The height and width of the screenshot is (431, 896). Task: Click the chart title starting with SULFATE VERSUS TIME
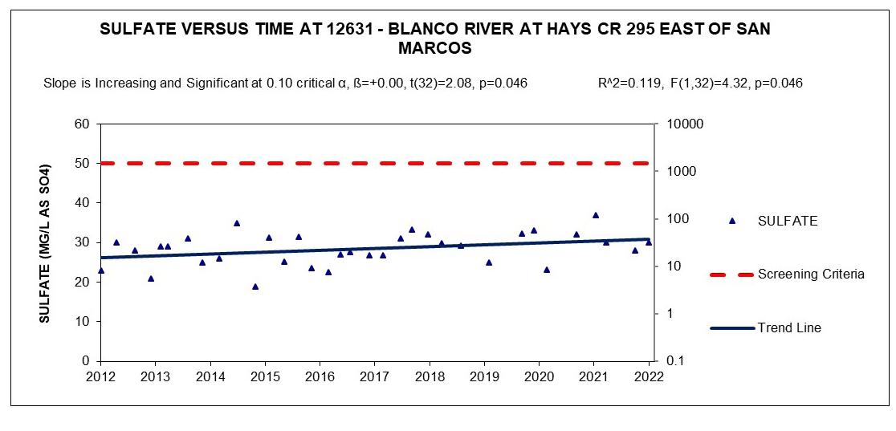pyautogui.click(x=435, y=39)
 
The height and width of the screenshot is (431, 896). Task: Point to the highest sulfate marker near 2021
pyautogui.click(x=596, y=215)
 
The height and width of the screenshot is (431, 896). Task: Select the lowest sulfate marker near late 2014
pyautogui.click(x=255, y=287)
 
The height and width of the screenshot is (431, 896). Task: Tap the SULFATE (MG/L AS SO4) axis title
pyautogui.click(x=44, y=243)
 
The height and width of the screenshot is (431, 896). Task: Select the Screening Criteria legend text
pyautogui.click(x=810, y=274)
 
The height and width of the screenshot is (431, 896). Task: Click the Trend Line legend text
pyautogui.click(x=789, y=328)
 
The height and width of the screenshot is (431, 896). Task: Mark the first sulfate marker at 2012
pyautogui.click(x=101, y=270)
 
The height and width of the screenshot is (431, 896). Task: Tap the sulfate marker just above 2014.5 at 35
pyautogui.click(x=237, y=223)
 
